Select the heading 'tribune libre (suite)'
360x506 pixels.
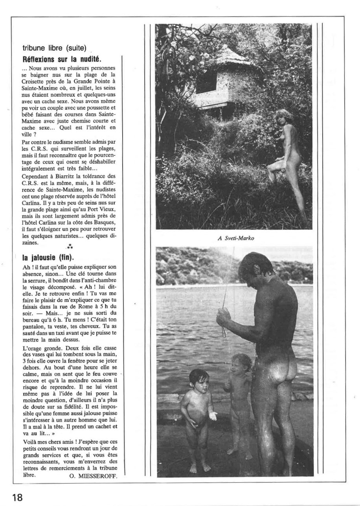55,49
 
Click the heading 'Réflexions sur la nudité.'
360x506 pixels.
62,59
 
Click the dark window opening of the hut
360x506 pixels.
207,83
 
